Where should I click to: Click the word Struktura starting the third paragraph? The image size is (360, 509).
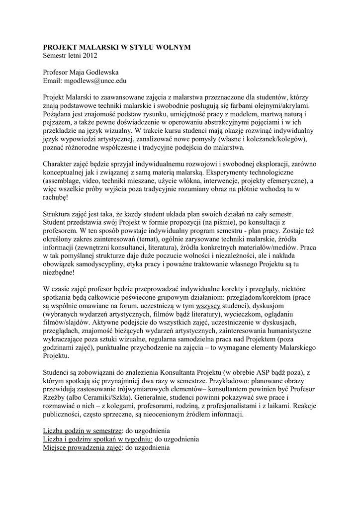click(x=58, y=215)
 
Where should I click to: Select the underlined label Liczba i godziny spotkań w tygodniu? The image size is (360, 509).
click(x=98, y=440)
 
